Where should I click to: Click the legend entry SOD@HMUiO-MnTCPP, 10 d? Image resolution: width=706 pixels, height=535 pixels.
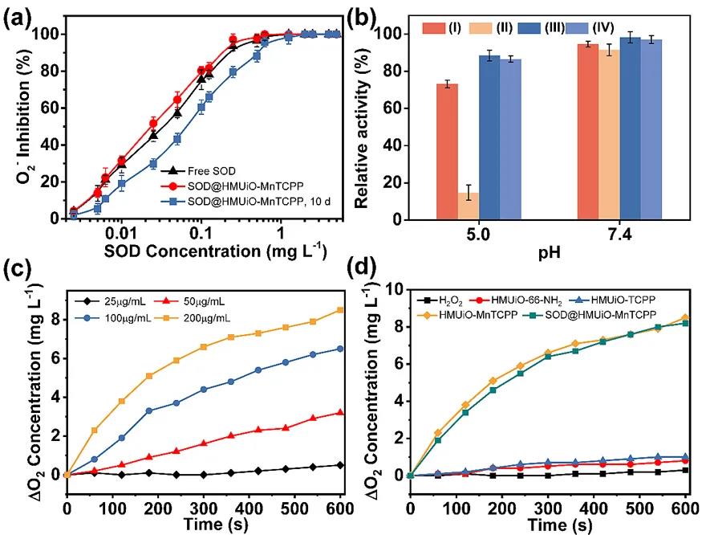click(241, 202)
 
